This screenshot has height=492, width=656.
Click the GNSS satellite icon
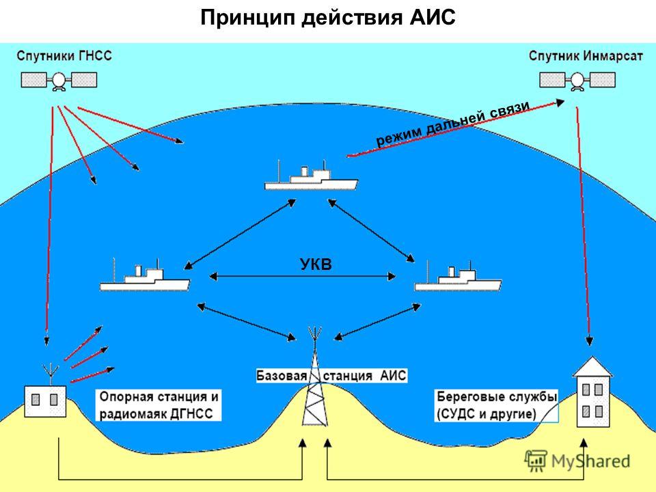point(59,81)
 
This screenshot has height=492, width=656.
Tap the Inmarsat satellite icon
point(577,81)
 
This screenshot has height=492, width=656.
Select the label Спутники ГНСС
point(64,55)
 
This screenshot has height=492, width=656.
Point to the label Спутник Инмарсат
point(586,55)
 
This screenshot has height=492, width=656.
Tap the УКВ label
point(316,264)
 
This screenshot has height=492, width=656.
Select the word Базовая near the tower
point(282,375)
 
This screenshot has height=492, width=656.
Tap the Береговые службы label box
point(497,405)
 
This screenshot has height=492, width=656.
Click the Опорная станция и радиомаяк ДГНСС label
point(159,405)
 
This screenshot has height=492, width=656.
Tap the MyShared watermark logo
point(577,461)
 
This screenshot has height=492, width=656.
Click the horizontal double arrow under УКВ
point(303,276)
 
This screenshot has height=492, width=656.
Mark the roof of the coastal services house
point(593,366)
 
